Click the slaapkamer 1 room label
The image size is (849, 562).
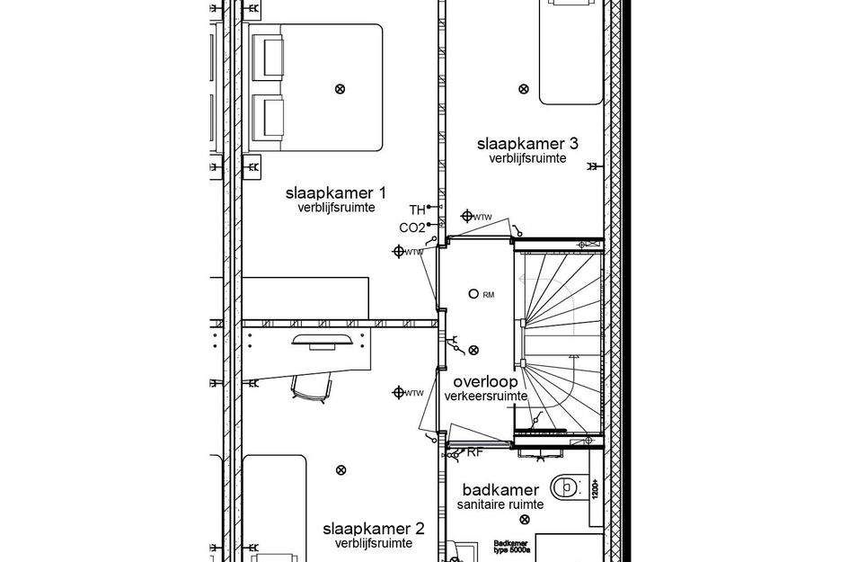pyautogui.click(x=336, y=192)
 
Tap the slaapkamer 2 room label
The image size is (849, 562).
pyautogui.click(x=374, y=529)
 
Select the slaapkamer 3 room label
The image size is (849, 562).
pyautogui.click(x=527, y=144)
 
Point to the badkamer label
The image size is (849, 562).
pyautogui.click(x=500, y=490)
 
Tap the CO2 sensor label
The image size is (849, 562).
pyautogui.click(x=411, y=227)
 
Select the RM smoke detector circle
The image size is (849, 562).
pyautogui.click(x=474, y=293)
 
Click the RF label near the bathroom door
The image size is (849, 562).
pyautogui.click(x=474, y=452)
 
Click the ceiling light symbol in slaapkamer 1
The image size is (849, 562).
pyautogui.click(x=340, y=88)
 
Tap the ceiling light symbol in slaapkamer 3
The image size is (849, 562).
pyautogui.click(x=524, y=88)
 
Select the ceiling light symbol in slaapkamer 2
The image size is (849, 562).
pyautogui.click(x=340, y=468)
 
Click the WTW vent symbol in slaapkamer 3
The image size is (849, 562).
pyautogui.click(x=466, y=216)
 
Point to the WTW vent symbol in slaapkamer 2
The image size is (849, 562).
pyautogui.click(x=399, y=392)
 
